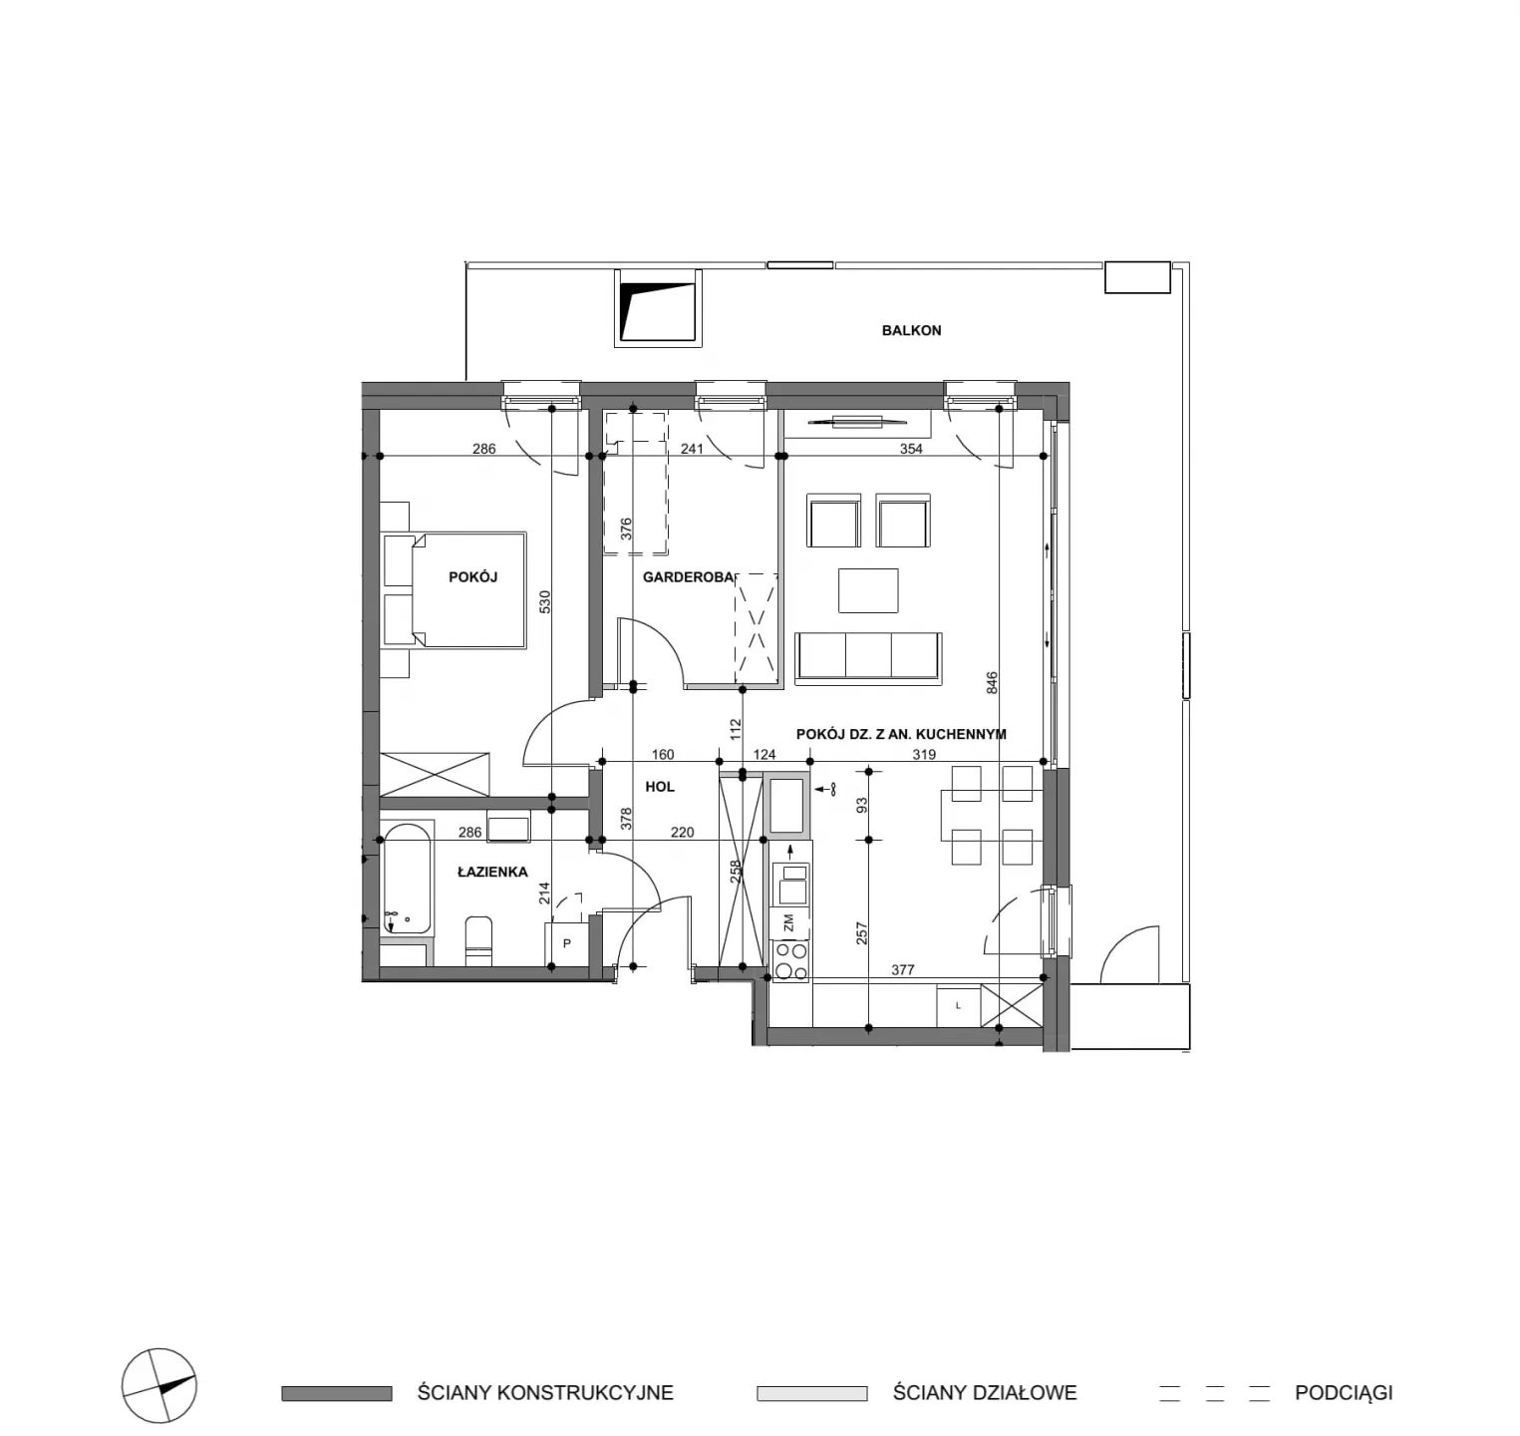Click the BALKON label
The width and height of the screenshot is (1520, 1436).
pos(911,330)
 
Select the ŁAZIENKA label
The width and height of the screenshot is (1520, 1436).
pos(492,871)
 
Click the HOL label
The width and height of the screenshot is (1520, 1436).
pos(660,786)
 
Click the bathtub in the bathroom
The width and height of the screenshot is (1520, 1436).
pos(408,878)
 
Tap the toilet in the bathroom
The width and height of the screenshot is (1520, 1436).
pos(478,939)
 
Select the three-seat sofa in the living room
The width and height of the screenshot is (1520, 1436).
pos(868,658)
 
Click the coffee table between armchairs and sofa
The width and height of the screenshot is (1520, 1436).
pos(868,590)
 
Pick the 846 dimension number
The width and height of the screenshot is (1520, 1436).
pos(992,683)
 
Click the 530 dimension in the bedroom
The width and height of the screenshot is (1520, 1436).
pos(544,602)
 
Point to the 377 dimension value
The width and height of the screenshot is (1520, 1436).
pos(902,969)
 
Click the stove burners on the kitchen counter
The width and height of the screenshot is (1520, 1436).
pos(790,961)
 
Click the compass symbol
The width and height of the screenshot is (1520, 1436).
pos(158,1386)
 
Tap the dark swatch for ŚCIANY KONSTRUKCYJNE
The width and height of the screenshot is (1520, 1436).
pos(337,1393)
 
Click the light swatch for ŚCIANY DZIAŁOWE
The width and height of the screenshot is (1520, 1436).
pos(811,1393)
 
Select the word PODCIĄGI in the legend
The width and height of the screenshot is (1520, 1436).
pos(1344,1393)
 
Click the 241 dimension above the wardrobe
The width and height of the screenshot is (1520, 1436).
pos(692,449)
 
